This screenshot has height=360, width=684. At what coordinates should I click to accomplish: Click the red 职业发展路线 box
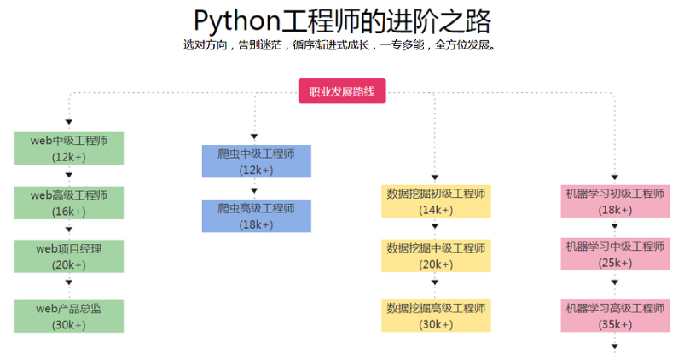[342, 91]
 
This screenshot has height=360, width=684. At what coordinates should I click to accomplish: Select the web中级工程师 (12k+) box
[69, 148]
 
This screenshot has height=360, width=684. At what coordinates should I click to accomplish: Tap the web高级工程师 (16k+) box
[69, 203]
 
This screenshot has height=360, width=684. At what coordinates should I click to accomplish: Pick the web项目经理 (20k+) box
[69, 256]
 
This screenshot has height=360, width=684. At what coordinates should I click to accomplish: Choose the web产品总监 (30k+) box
[69, 316]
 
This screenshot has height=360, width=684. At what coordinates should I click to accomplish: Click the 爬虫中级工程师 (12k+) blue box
[257, 161]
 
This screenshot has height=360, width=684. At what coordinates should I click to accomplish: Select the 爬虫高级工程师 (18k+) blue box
[257, 216]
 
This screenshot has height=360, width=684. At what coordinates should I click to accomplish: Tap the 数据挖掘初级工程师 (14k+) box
[436, 201]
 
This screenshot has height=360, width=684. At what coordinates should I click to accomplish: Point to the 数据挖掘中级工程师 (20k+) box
[436, 256]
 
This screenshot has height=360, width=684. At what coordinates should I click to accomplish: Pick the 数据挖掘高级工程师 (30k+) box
[436, 316]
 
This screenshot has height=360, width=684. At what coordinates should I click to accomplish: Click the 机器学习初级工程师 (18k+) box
[616, 201]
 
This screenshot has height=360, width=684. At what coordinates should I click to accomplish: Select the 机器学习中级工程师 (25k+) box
[616, 254]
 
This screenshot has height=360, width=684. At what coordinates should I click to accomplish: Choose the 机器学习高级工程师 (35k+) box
[616, 316]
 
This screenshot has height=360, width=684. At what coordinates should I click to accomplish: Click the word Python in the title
[237, 21]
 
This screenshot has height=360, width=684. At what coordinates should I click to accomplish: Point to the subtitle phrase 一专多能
[402, 44]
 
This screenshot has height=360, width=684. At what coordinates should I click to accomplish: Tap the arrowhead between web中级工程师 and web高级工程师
[69, 175]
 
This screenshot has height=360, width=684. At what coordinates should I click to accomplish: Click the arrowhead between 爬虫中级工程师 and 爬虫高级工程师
[254, 191]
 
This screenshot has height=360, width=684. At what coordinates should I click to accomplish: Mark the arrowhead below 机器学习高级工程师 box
[615, 346]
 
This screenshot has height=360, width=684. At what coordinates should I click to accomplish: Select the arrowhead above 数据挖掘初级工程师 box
[434, 177]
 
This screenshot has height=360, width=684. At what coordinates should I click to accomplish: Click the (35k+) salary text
[615, 324]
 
